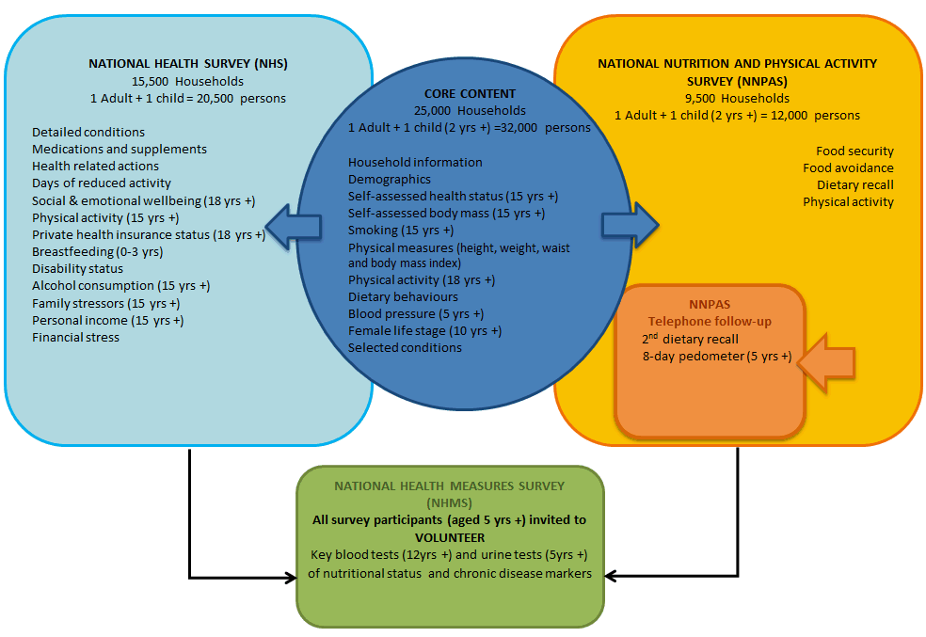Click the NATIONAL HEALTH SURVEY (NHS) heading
[188, 64]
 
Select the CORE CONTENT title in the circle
[470, 93]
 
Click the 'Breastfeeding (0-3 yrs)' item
[97, 251]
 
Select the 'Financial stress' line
[75, 337]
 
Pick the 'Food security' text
[854, 151]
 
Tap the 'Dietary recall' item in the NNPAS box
[854, 184]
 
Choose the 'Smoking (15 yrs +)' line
[401, 230]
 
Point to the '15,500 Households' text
[187, 81]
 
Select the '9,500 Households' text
[737, 98]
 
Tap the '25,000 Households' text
[470, 110]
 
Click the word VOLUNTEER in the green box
[450, 537]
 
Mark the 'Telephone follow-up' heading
[710, 322]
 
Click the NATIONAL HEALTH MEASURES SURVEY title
[450, 486]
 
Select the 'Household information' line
[415, 162]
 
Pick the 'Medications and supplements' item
[119, 149]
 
